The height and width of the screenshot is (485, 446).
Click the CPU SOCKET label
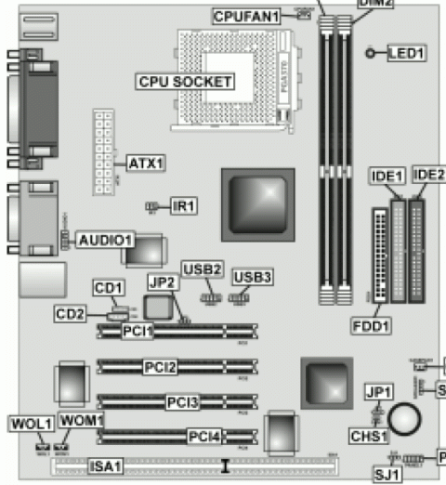click(185, 82)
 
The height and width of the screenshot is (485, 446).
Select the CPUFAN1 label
click(245, 17)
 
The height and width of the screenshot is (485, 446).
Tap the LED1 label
click(404, 54)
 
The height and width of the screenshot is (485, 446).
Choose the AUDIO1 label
click(106, 240)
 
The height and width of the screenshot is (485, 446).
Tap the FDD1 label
click(371, 325)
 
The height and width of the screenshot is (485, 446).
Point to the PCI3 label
click(182, 402)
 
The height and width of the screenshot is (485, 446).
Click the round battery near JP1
click(406, 419)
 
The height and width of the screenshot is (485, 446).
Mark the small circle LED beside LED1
click(371, 54)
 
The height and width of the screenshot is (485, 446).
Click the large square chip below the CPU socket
click(257, 199)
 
